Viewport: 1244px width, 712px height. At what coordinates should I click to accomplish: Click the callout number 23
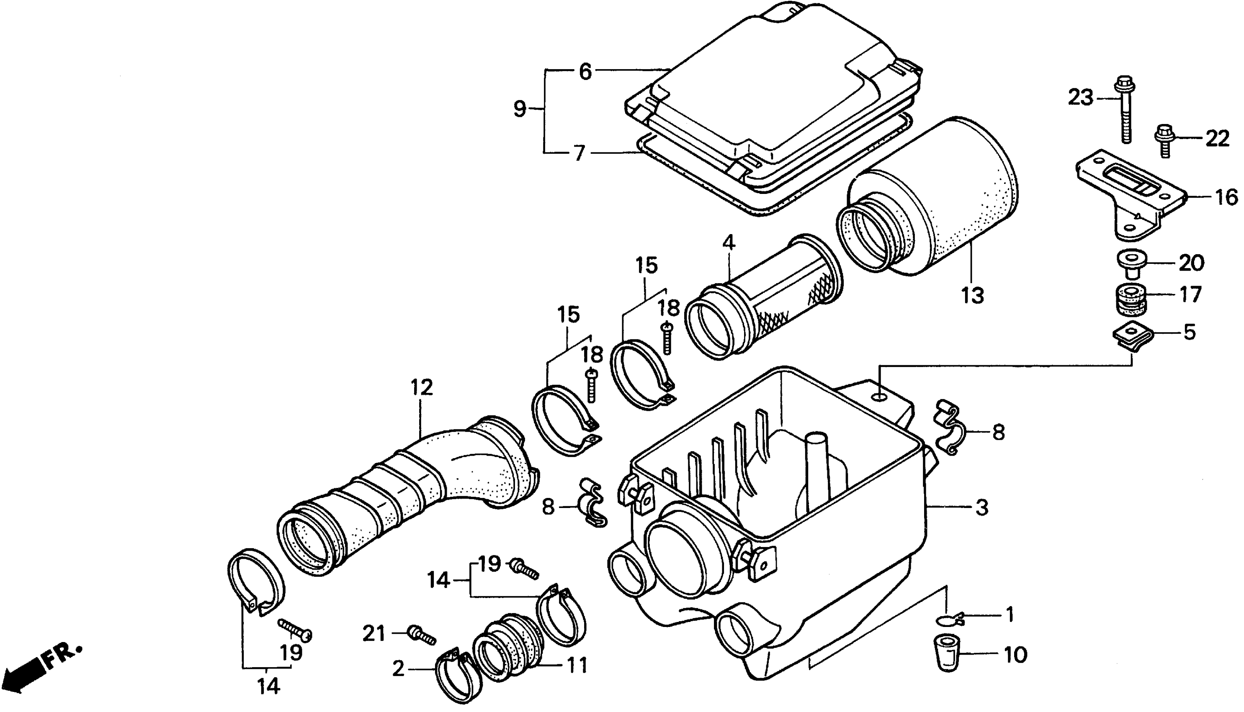1080,98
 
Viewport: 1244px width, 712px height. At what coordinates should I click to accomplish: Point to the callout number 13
972,295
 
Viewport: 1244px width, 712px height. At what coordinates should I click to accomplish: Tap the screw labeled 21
421,636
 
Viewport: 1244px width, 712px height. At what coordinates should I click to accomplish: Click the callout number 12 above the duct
422,388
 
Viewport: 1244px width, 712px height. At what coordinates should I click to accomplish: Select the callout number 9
520,108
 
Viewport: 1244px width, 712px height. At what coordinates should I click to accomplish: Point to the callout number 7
579,153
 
